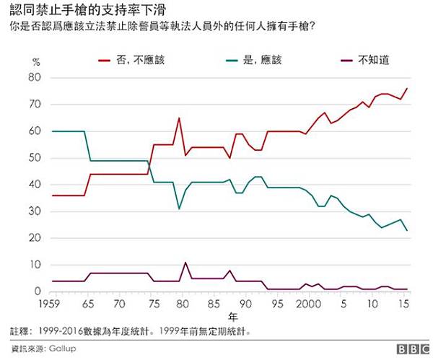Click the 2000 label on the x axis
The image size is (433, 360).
point(308,304)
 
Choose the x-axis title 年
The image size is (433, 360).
point(232,317)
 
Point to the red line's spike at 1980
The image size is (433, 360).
point(179,118)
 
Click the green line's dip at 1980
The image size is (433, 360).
point(179,209)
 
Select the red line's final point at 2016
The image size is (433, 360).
point(407,88)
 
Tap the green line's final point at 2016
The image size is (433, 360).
point(407,230)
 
